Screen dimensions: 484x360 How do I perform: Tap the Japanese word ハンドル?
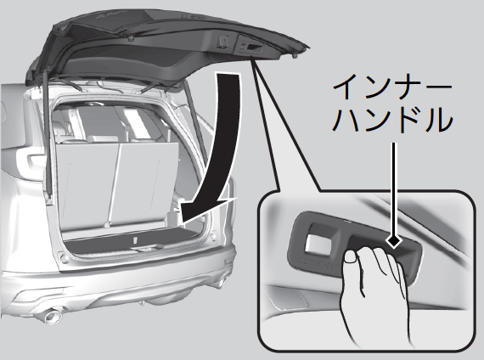(392, 120)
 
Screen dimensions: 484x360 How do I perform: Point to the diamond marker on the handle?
(394, 240)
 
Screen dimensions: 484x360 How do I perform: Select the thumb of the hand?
(351, 257)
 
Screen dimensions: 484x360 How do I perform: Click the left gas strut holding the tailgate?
(47, 132)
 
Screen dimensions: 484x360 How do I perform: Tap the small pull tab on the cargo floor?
(135, 240)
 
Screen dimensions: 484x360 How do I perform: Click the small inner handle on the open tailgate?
(250, 47)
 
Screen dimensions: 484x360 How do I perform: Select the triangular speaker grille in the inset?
(289, 297)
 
